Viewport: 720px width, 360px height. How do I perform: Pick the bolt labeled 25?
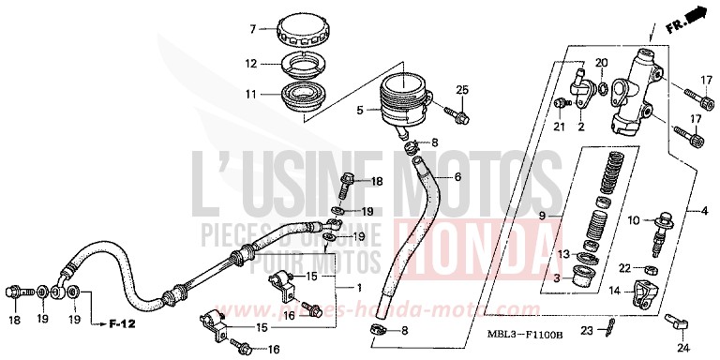(x=457, y=117)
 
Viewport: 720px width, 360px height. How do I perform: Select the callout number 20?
(x=603, y=62)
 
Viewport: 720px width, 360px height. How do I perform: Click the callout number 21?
(x=560, y=127)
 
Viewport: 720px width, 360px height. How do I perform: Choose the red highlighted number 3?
(x=558, y=278)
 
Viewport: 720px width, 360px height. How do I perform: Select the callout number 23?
(x=585, y=329)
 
